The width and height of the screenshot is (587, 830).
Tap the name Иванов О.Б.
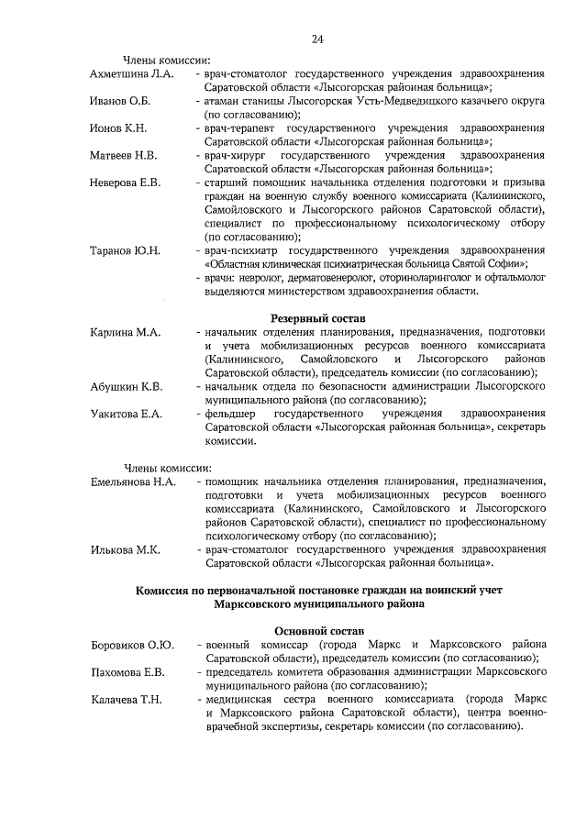tap(118, 100)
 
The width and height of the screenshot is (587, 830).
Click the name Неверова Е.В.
tap(125, 183)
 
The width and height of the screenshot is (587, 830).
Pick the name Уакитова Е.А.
tap(127, 415)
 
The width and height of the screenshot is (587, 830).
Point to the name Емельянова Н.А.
tap(133, 481)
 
